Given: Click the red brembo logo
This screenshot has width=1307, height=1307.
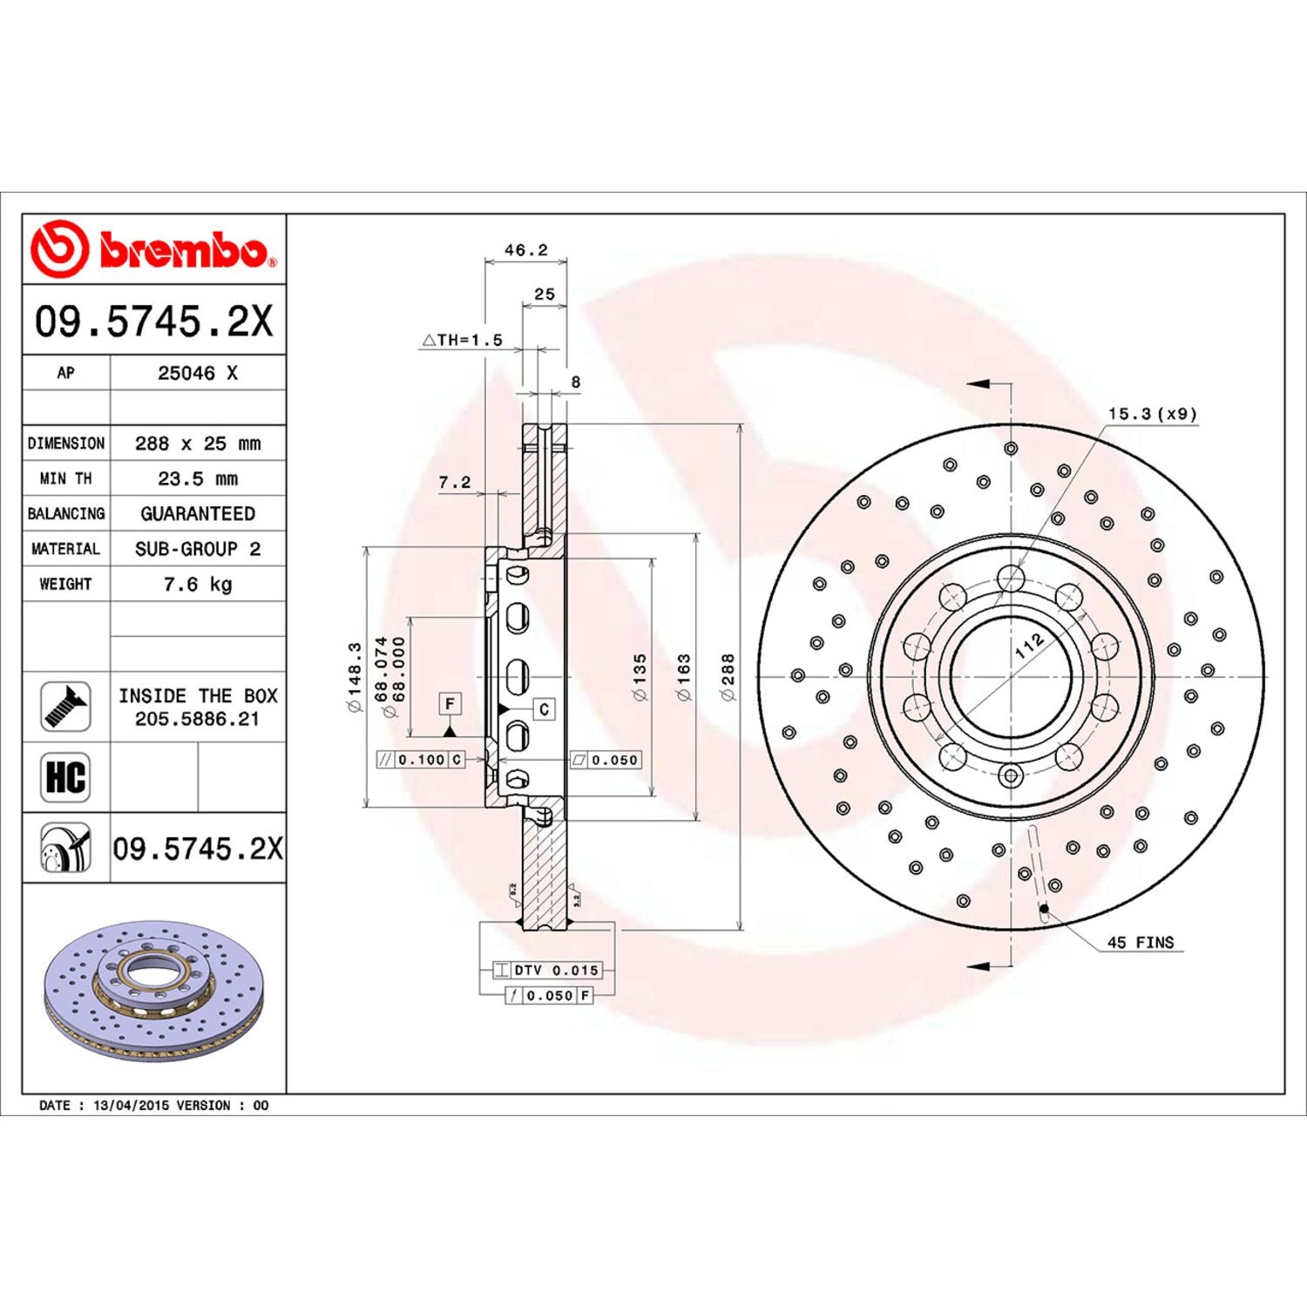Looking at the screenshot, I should coord(153,250).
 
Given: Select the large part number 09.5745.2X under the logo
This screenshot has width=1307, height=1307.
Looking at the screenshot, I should coord(153,322).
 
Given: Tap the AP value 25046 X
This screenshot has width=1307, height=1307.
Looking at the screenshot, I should coord(198,373).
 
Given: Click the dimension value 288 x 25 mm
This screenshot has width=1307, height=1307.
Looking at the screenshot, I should coord(198,444).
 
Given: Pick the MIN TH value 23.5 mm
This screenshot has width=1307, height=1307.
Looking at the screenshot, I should coord(198,478).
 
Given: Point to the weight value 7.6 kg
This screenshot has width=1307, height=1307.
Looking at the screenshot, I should coord(198,584).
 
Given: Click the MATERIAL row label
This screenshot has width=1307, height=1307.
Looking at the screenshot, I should coord(65,549).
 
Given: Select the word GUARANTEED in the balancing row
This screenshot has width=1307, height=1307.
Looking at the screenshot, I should coord(198,514).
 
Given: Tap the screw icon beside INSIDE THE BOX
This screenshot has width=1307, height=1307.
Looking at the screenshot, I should coord(65,707).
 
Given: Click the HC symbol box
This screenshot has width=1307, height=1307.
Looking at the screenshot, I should coord(65,777).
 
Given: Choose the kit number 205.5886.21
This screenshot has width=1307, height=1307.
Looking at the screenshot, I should coord(197,719).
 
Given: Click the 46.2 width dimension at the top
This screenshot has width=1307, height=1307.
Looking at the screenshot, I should coord(525,250).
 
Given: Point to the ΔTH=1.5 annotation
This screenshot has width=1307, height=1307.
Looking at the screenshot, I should coord(463,340).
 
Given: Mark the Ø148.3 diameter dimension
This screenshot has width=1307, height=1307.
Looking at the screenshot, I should coord(355,677).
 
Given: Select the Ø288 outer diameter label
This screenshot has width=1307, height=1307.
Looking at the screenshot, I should coord(728,677).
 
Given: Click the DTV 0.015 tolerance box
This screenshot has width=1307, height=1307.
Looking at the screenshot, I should coord(547,970).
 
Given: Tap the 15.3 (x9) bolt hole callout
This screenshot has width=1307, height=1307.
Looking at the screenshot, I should coord(1152,414).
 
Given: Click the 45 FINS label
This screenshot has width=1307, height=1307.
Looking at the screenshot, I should coord(1140,943).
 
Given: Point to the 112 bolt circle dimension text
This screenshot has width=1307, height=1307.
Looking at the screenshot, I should coord(1029,646).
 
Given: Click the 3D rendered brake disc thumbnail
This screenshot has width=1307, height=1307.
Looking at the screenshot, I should coord(153,991).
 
